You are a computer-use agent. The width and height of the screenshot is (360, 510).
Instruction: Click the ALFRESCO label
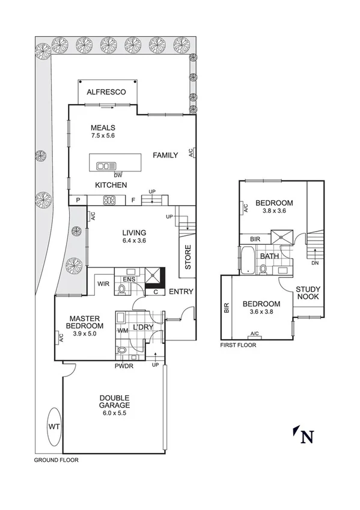click(x=106, y=92)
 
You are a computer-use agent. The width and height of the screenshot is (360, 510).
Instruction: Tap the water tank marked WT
click(x=54, y=426)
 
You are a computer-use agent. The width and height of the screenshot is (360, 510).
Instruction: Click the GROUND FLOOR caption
click(x=56, y=460)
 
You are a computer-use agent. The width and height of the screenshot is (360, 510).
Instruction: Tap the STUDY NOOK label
click(x=308, y=293)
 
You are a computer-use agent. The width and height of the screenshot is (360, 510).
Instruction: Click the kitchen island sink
click(x=106, y=167)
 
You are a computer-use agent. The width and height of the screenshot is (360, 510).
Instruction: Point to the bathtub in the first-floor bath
click(x=247, y=259)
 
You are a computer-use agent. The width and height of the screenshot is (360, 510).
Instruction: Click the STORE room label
click(x=188, y=257)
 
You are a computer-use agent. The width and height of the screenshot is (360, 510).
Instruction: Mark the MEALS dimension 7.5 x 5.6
click(x=103, y=137)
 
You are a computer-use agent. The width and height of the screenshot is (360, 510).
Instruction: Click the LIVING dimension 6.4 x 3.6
click(x=134, y=241)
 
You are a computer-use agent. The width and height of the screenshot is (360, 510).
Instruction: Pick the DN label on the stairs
click(x=314, y=263)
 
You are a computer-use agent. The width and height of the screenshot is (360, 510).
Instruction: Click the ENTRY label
click(x=181, y=292)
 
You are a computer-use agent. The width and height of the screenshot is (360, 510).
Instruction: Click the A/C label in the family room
click(x=191, y=153)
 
